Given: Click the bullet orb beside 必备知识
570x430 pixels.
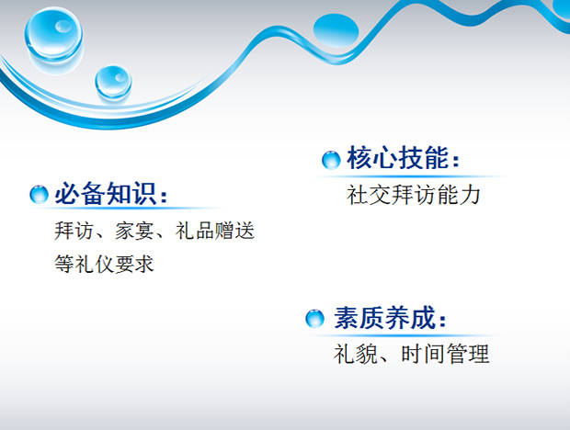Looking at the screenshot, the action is [39, 194].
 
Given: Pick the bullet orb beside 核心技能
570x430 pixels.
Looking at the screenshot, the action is [331, 160].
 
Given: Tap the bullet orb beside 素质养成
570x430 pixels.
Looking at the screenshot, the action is [314, 319].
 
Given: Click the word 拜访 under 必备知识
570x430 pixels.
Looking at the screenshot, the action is [74, 231].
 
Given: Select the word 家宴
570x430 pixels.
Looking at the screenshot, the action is [134, 231].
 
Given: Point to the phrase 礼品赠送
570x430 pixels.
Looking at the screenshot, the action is [214, 231].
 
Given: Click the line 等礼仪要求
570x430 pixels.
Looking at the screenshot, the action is [104, 264].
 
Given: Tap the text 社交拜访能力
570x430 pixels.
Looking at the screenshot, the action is [414, 195].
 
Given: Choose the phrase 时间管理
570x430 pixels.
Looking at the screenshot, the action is [445, 354].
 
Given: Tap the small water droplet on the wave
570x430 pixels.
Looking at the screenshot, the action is [113, 82].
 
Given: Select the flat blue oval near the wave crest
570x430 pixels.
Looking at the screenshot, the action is [336, 30].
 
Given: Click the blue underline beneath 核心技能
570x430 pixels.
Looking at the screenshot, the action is [411, 176].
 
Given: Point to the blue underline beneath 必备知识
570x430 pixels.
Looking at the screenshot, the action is [127, 209].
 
